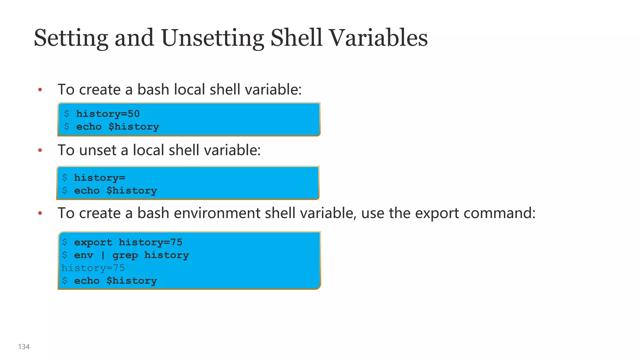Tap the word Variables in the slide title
(x=378, y=38)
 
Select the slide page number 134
(x=24, y=347)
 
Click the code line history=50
(x=108, y=114)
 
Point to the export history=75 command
(x=128, y=242)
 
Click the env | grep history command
(x=131, y=255)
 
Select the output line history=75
(x=93, y=268)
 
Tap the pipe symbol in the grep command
(x=103, y=256)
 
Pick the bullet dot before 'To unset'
(x=40, y=151)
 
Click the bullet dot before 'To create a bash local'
(x=40, y=90)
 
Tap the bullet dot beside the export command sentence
(x=40, y=213)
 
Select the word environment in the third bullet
(x=217, y=213)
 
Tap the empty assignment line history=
(x=99, y=178)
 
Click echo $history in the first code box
(x=117, y=127)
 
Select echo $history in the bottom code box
(x=115, y=281)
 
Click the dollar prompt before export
(x=65, y=242)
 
